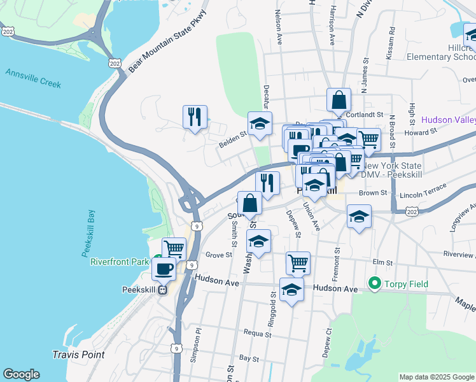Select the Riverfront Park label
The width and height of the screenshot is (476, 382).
(118, 262)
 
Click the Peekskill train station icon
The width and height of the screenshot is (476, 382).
(163, 290)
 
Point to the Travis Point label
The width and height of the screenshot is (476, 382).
(79, 355)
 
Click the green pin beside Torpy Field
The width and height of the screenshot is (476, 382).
(374, 284)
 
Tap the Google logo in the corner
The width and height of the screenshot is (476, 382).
(21, 374)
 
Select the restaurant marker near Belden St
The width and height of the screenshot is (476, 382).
(195, 117)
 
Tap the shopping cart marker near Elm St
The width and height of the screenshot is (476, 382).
(297, 262)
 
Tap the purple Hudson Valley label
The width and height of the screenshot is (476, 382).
(449, 119)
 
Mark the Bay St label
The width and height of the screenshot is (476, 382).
(248, 359)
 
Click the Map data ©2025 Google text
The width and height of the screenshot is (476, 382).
(436, 376)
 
